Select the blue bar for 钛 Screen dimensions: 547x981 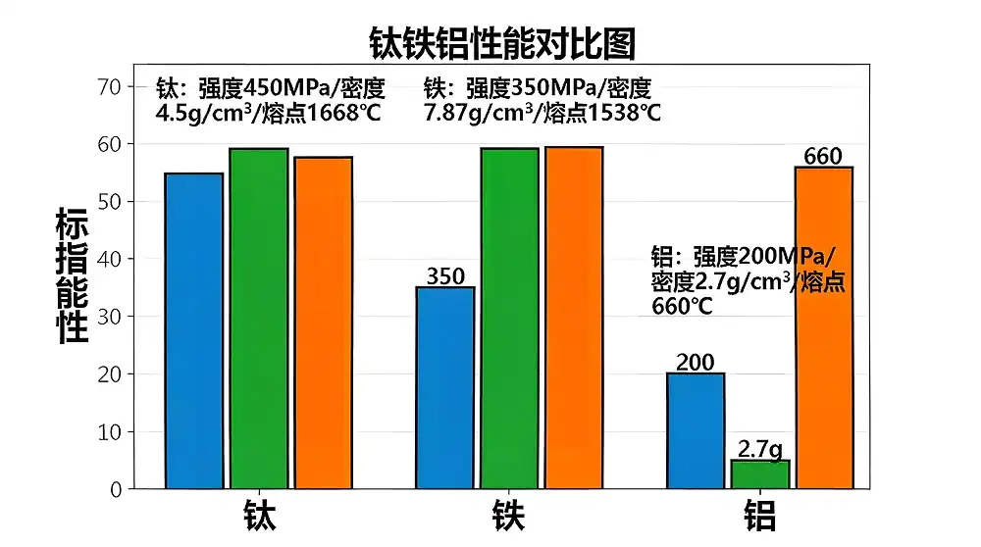(194, 330)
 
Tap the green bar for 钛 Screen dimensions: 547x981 (259, 319)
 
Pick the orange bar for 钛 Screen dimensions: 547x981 (324, 323)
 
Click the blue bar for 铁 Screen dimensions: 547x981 (446, 387)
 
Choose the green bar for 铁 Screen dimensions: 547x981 (510, 319)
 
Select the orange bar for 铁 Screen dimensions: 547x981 (574, 318)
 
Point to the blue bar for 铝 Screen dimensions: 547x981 (696, 430)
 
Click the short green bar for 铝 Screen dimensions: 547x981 (760, 474)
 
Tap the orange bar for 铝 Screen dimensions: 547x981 (824, 327)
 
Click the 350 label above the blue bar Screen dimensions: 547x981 (446, 276)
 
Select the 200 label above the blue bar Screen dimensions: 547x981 (696, 363)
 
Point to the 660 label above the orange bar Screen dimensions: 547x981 (824, 156)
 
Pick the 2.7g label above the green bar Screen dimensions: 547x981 (760, 450)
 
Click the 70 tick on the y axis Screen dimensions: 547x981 (109, 87)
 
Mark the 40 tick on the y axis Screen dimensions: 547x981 (109, 260)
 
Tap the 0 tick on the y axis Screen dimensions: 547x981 (116, 489)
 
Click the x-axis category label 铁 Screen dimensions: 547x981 (509, 517)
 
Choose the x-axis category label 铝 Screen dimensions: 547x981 (759, 517)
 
